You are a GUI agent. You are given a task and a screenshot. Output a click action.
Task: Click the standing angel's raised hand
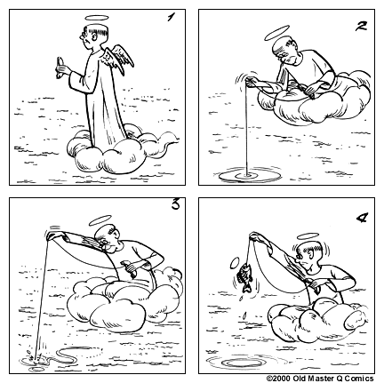point(60,65)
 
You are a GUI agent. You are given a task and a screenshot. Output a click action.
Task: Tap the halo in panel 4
point(308,235)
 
